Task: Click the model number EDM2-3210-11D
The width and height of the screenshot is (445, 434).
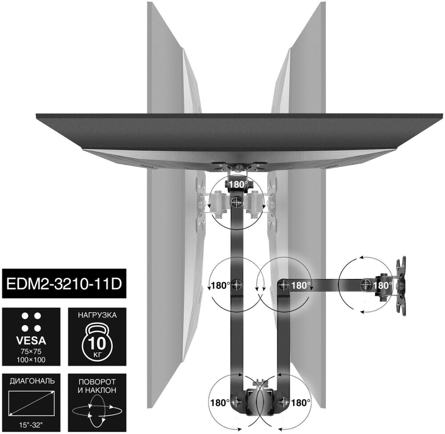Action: (64, 284)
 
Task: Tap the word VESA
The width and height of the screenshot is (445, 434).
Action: (32, 340)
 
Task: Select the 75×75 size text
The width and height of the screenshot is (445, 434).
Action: (31, 351)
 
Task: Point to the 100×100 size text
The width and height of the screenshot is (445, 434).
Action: (31, 360)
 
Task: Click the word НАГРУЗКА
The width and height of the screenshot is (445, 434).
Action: (97, 315)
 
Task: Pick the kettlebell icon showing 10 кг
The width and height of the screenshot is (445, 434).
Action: (97, 342)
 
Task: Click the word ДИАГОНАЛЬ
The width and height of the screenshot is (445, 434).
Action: (32, 381)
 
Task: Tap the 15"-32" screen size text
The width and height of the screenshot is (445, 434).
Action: (32, 425)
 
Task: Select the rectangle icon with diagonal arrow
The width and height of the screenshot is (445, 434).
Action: (32, 403)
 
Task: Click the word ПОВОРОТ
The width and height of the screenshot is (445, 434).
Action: (97, 382)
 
